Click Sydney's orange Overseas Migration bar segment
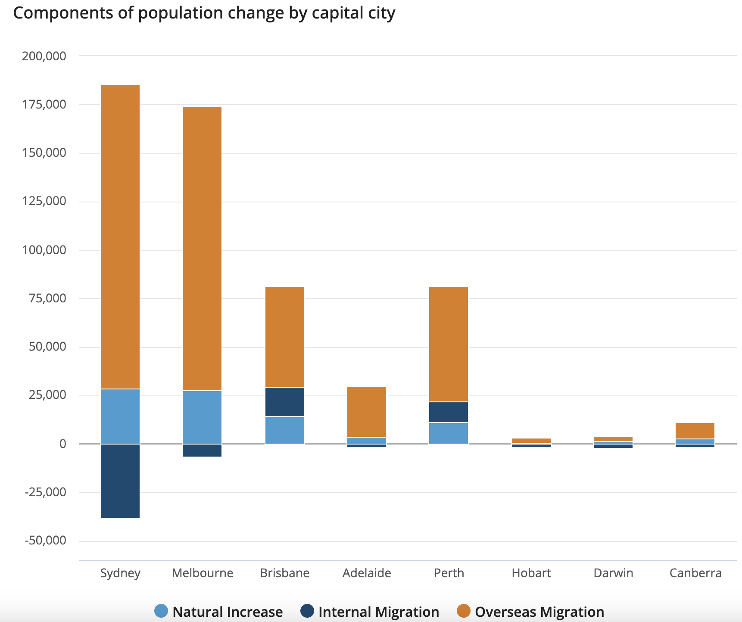point(120,237)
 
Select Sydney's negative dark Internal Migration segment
point(120,481)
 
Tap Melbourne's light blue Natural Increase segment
point(202,417)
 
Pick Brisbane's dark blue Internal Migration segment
point(285,402)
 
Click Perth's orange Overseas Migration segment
point(449,344)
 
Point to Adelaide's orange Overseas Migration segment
point(367,412)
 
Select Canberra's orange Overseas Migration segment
point(695,431)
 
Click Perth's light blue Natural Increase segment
point(449,433)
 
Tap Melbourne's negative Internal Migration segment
point(202,450)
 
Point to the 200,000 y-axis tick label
point(44,56)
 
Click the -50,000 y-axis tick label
point(46,541)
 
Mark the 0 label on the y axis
point(63,444)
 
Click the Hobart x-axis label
point(531,573)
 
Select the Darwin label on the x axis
point(613,573)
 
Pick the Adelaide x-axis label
point(367,573)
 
